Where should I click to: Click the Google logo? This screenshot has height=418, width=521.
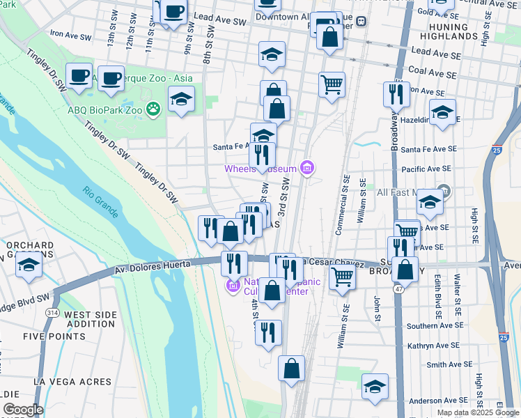[23, 410]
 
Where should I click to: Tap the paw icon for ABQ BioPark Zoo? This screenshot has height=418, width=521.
[154, 109]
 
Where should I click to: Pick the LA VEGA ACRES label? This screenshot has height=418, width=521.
[72, 382]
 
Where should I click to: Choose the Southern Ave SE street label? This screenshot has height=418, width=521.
[431, 325]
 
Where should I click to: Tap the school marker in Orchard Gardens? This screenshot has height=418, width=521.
[29, 265]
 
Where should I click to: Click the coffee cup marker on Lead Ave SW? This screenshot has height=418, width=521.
[173, 13]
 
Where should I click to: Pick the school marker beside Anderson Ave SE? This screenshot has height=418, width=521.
[375, 387]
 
